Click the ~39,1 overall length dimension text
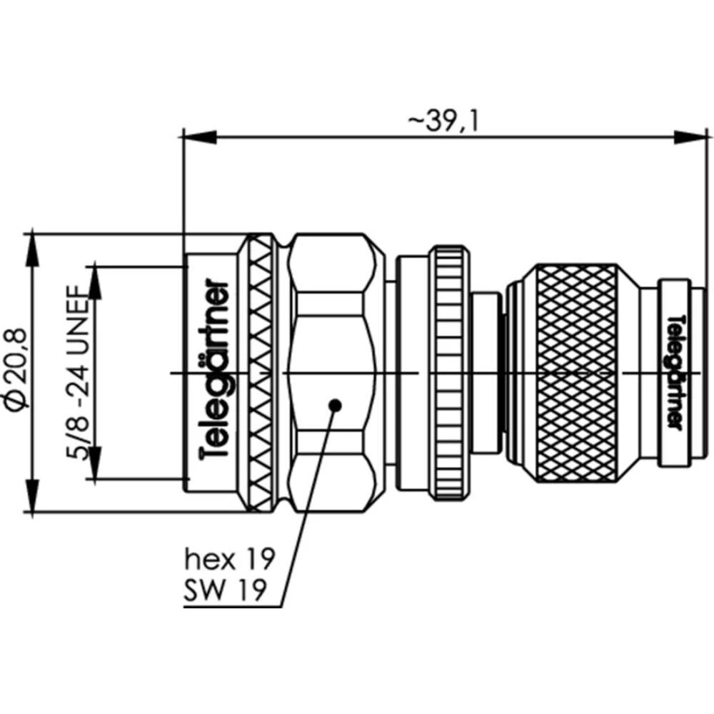[x=443, y=122]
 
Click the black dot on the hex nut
[x=334, y=406]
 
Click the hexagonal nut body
[x=334, y=336]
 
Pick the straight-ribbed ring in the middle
[x=449, y=371]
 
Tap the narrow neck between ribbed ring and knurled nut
[x=487, y=371]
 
